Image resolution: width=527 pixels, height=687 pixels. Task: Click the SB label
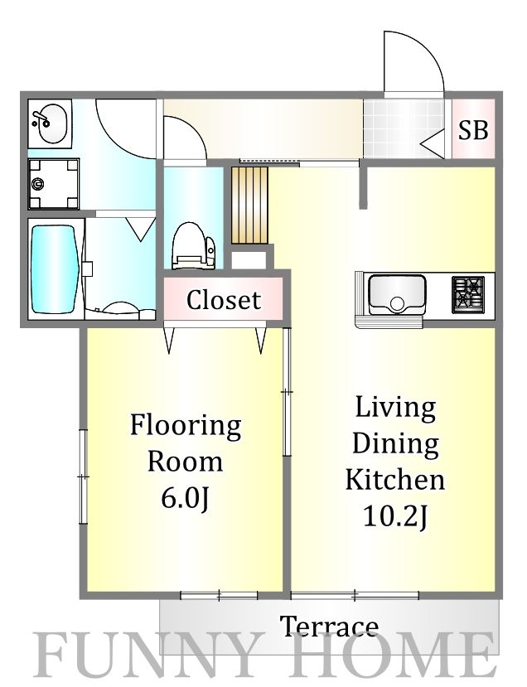(474, 130)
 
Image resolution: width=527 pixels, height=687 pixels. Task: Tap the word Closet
(223, 300)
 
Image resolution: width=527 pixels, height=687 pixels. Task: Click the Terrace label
(329, 626)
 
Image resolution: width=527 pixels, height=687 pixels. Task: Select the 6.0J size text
(185, 498)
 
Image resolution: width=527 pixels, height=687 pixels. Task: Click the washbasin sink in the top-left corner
(50, 123)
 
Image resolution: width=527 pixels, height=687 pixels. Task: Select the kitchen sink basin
(397, 294)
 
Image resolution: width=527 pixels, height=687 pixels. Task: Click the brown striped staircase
(249, 205)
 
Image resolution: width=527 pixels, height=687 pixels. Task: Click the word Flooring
(185, 427)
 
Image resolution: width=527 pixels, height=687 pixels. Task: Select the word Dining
(394, 444)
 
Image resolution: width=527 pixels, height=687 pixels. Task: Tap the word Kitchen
(394, 480)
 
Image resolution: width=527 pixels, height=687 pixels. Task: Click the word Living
(394, 408)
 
